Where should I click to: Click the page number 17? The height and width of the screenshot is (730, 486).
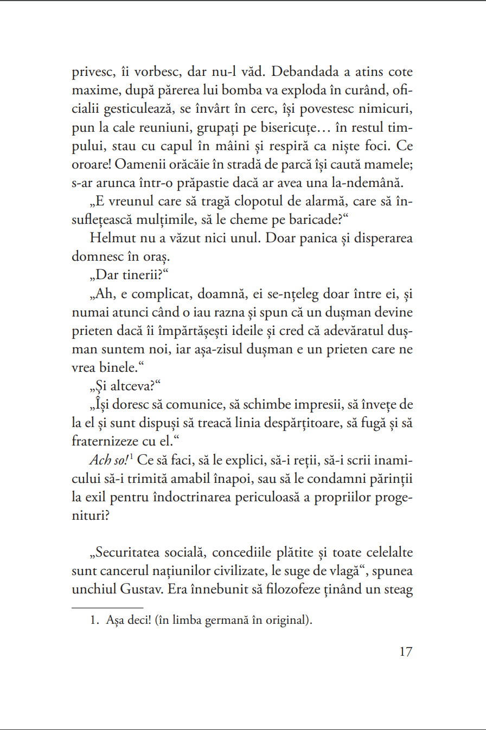tap(406, 652)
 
